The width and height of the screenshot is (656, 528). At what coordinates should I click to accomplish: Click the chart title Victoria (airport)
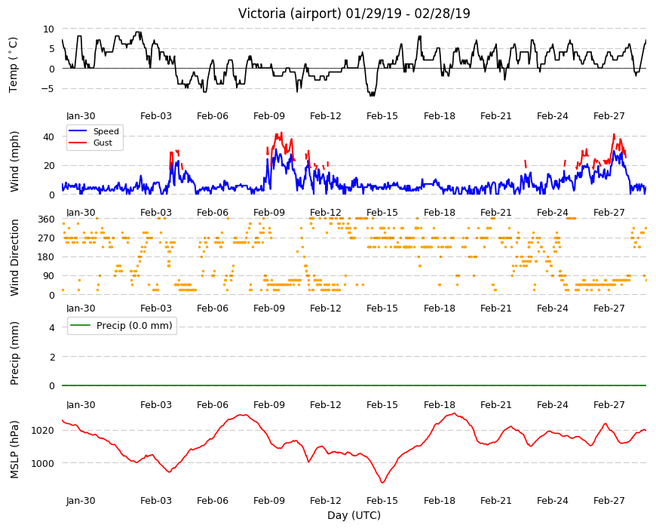(290, 14)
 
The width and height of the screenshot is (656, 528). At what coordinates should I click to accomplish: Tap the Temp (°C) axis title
(14, 64)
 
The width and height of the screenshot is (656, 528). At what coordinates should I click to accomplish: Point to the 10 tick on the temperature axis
(48, 29)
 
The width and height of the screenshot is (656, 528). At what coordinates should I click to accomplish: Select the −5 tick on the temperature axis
(48, 89)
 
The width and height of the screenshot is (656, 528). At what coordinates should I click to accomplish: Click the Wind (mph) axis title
(14, 161)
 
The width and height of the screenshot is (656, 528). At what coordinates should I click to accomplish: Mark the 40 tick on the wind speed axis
(48, 137)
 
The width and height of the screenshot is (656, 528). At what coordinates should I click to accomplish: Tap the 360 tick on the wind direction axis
(46, 219)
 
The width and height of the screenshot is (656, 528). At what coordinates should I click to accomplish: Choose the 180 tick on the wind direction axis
(46, 257)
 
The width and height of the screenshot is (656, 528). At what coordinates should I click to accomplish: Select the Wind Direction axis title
(14, 258)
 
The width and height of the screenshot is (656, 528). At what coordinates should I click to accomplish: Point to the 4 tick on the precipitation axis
(52, 327)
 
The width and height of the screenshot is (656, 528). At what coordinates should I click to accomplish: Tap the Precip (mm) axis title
(14, 353)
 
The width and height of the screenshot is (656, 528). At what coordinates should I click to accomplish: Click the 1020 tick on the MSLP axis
(43, 431)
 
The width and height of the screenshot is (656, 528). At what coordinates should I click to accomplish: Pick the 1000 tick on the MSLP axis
(43, 463)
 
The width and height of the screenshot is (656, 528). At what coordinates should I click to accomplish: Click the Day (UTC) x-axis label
(354, 515)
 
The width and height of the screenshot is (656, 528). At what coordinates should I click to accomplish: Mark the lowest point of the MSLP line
(382, 483)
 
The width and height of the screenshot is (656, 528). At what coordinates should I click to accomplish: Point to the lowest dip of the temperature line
(372, 96)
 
